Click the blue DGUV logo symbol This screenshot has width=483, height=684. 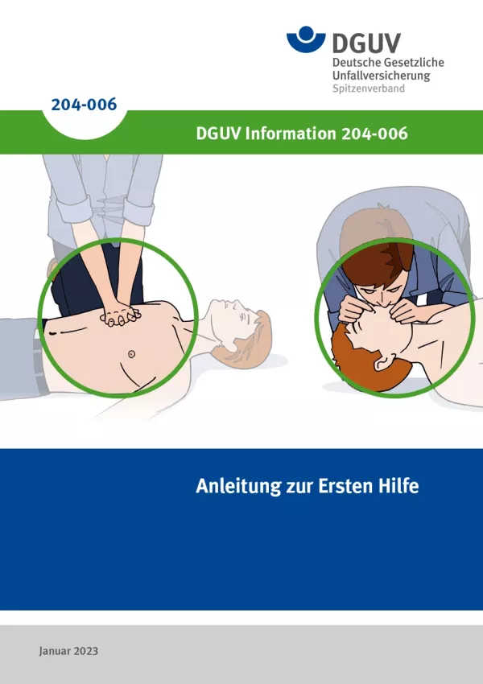tap(306, 39)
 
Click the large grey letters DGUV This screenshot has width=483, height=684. tap(366, 43)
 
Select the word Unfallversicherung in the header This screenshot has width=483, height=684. tap(381, 76)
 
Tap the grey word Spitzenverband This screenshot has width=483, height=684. tap(368, 89)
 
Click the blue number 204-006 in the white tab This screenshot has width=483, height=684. tap(84, 105)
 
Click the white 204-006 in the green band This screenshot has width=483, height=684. tap(374, 133)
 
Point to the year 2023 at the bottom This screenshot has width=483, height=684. tap(86, 651)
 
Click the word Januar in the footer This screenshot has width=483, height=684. tap(55, 651)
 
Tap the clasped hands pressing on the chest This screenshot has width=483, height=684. tap(121, 315)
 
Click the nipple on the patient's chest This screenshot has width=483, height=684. tap(131, 354)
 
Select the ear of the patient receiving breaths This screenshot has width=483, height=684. tap(383, 363)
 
